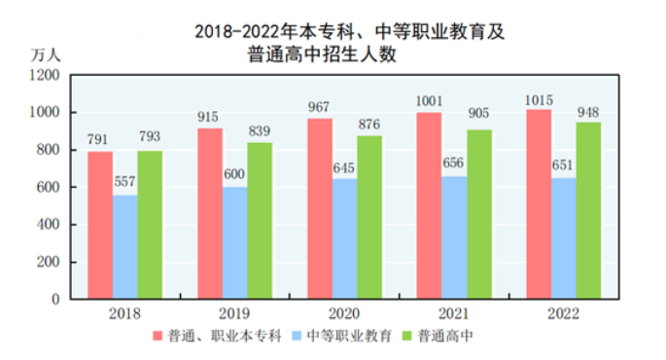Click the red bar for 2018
coord(99,225)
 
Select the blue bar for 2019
coord(234,242)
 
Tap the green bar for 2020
coord(369,217)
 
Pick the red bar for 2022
coord(539,204)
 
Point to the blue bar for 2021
coord(454,237)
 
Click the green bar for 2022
coord(588,210)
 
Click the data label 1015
coord(539,100)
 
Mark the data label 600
coord(234,177)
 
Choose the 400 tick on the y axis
coord(50,225)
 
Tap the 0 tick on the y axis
coord(57,300)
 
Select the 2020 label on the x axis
coord(344,314)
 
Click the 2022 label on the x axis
coord(563,314)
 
